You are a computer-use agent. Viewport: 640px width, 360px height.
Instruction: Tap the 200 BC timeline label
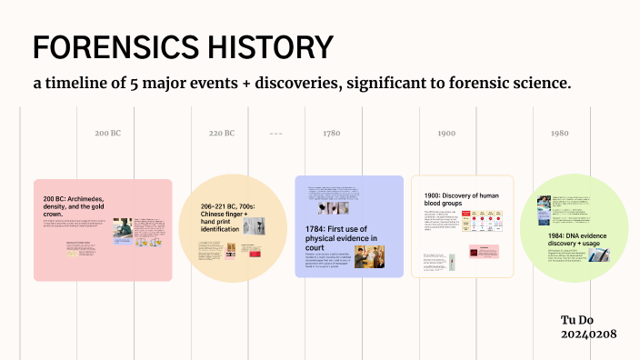click(107, 134)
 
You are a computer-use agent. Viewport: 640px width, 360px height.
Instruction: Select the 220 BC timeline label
click(222, 134)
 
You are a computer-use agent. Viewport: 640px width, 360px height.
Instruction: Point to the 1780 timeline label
click(331, 134)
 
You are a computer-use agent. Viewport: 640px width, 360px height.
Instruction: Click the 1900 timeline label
click(446, 134)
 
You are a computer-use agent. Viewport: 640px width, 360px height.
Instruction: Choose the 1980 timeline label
click(559, 134)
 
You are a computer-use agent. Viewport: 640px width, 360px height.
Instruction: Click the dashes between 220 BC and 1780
click(276, 134)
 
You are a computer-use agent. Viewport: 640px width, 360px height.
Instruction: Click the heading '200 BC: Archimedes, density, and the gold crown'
click(85, 205)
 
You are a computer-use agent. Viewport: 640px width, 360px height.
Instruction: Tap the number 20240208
click(589, 335)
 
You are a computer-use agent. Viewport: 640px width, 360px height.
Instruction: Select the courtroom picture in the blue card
click(369, 256)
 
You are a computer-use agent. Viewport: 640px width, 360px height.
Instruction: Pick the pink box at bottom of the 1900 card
click(484, 252)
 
